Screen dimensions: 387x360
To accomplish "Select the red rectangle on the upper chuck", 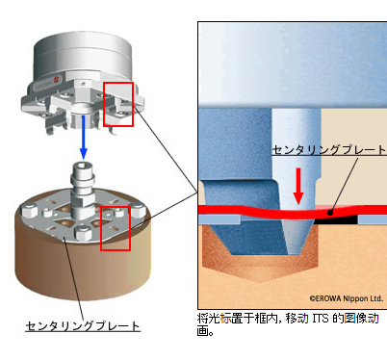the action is (x=119, y=103).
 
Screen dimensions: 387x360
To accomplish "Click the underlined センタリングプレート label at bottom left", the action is (x=83, y=326).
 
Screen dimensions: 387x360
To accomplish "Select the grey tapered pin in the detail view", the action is (x=293, y=144).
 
